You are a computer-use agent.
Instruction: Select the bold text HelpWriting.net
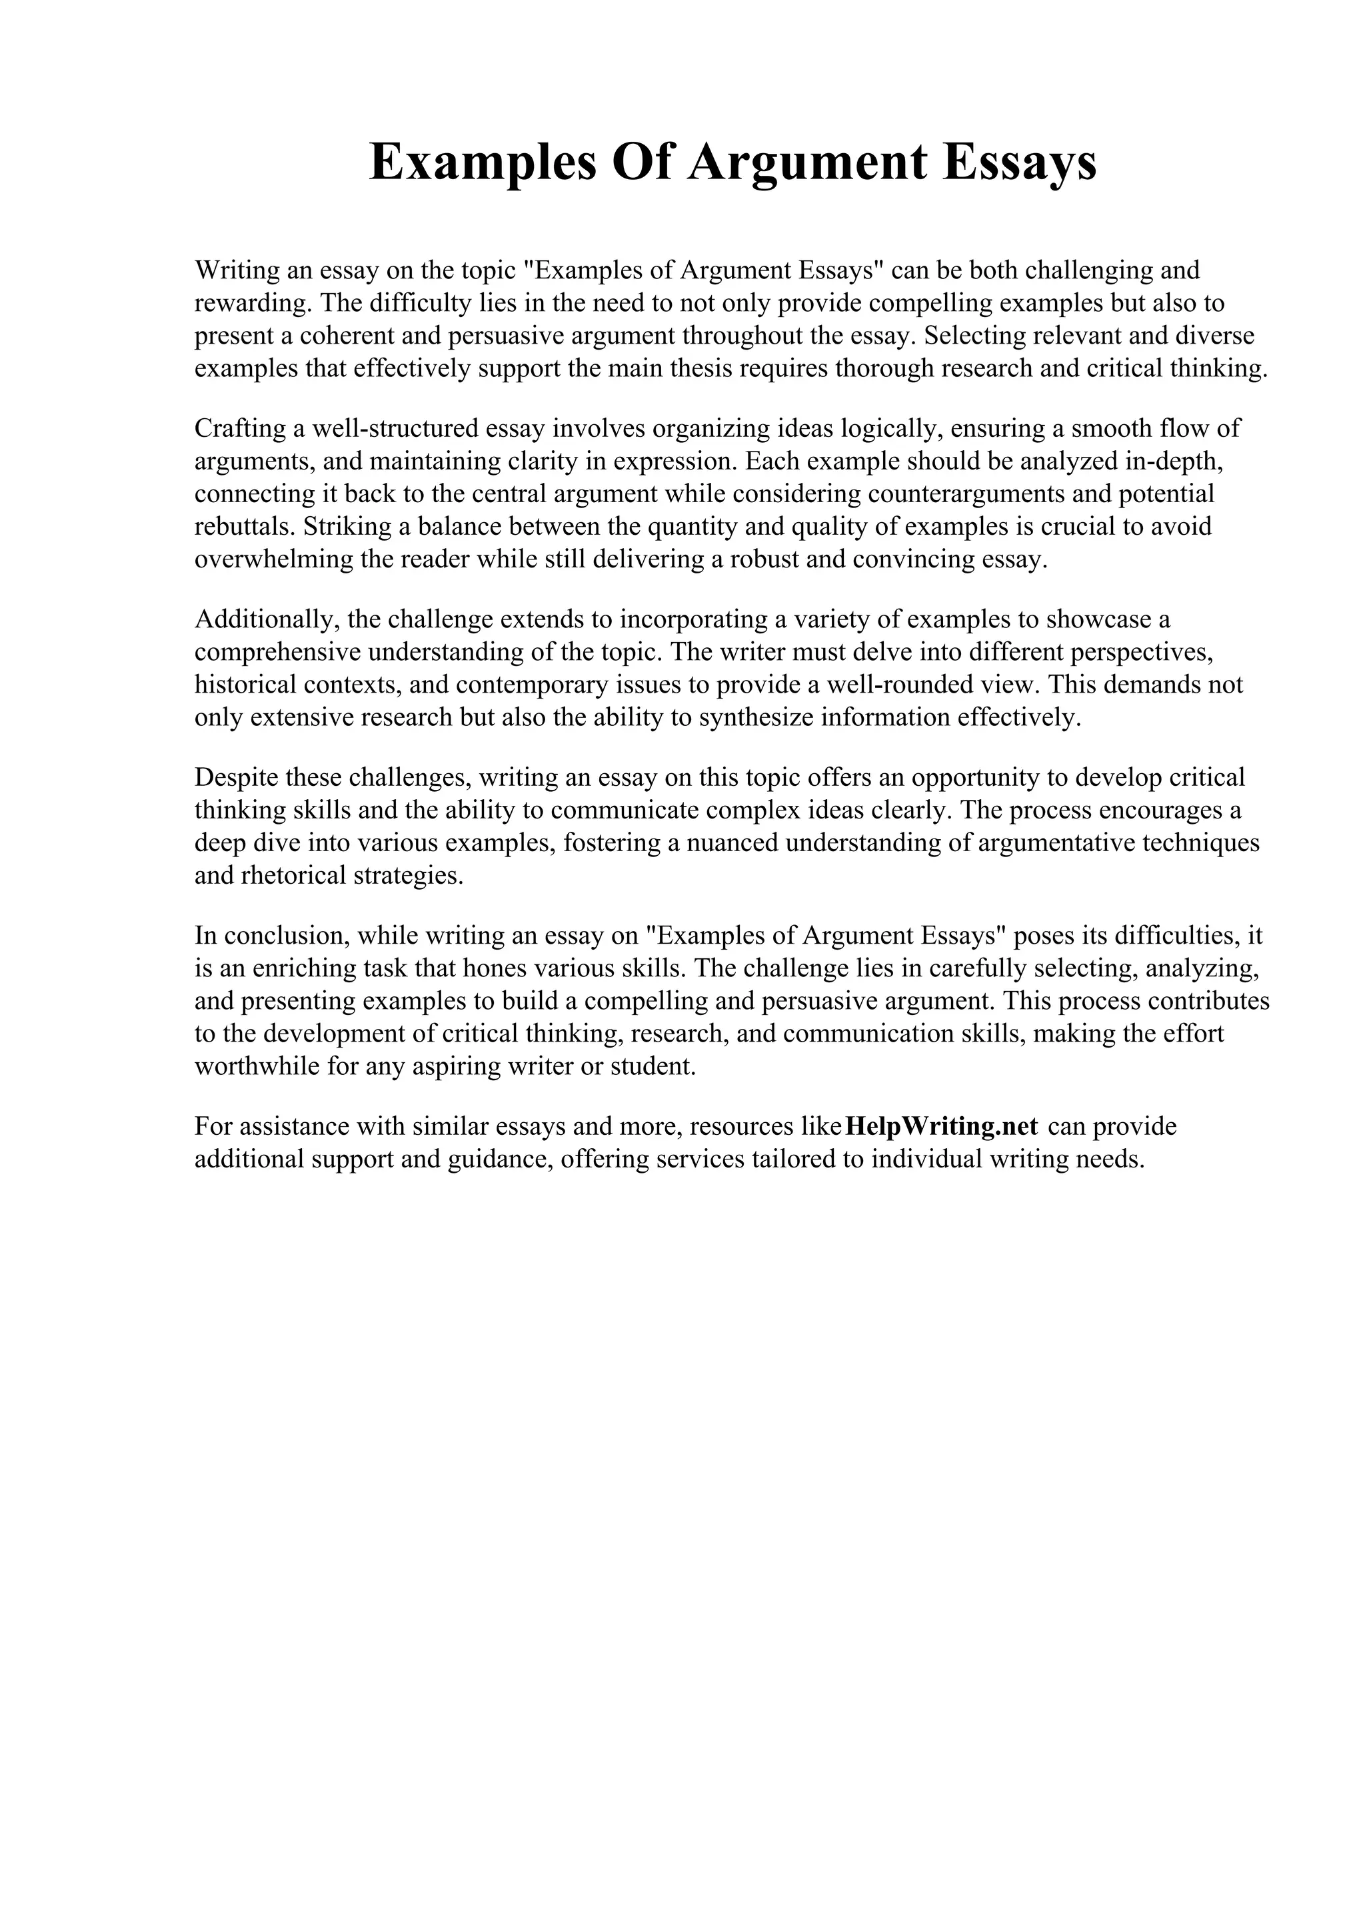(x=941, y=1126)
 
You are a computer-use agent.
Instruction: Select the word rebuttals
(x=244, y=526)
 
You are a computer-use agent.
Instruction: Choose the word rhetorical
(x=293, y=875)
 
